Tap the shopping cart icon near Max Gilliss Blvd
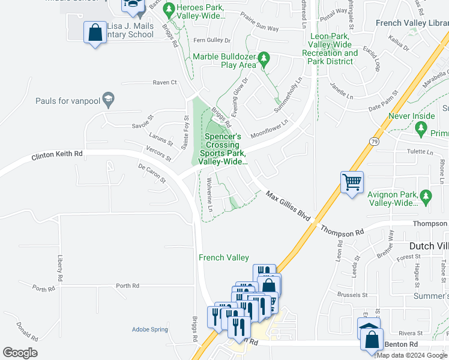(352, 181)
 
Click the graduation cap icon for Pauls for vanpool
(108, 100)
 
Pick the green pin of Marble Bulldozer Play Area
(268, 59)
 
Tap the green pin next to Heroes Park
(169, 10)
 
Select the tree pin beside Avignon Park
(426, 196)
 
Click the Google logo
(20, 353)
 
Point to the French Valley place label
(224, 257)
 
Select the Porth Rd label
(127, 286)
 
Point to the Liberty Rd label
(59, 268)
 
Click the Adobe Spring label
(150, 329)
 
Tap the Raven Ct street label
(165, 82)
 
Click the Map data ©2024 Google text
(412, 355)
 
